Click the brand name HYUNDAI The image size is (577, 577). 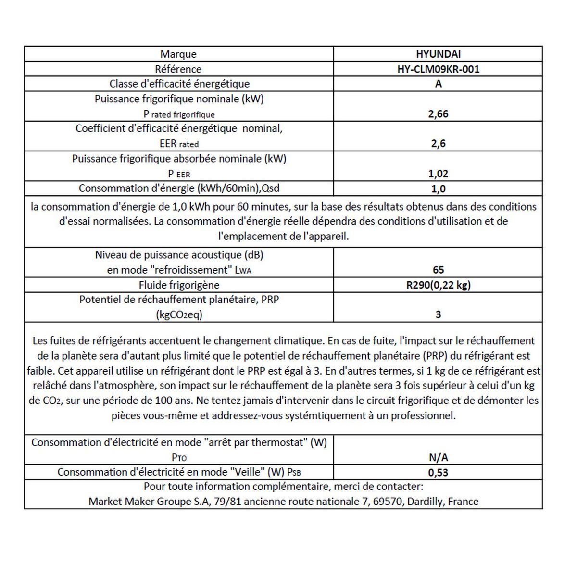pyautogui.click(x=438, y=54)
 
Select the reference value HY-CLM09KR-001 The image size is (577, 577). pyautogui.click(x=438, y=69)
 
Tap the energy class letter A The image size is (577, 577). pyautogui.click(x=438, y=84)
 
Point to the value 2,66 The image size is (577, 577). pyautogui.click(x=438, y=114)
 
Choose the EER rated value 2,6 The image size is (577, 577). pyautogui.click(x=438, y=143)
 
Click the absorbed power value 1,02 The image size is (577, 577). pyautogui.click(x=438, y=174)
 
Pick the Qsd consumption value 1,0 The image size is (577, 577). pyautogui.click(x=438, y=188)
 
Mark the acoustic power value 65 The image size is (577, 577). pyautogui.click(x=438, y=270)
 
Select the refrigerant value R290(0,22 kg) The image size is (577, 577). pyautogui.click(x=438, y=285)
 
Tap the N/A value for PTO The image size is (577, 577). pyautogui.click(x=438, y=457)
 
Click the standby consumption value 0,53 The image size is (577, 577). pyautogui.click(x=438, y=472)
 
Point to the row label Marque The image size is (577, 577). pyautogui.click(x=178, y=54)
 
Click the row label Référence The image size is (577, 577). pyautogui.click(x=178, y=69)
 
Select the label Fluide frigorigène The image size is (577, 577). pyautogui.click(x=179, y=285)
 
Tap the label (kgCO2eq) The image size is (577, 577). pyautogui.click(x=179, y=315)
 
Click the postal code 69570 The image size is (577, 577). pyautogui.click(x=389, y=502)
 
